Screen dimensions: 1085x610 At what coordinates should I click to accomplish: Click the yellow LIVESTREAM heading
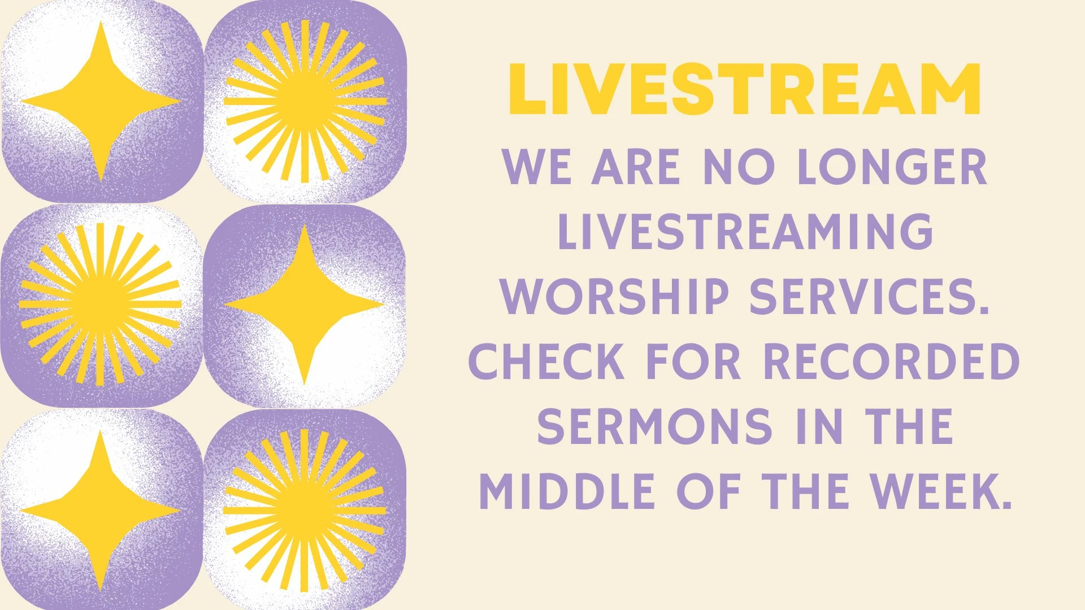point(745,90)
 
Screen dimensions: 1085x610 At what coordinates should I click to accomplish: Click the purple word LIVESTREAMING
point(745,231)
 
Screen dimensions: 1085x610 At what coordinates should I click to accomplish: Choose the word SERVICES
point(870,296)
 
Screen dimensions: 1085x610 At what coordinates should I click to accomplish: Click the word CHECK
point(546,361)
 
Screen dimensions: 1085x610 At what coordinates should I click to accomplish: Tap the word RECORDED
point(892,361)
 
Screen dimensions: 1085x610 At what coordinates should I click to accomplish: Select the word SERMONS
point(655,426)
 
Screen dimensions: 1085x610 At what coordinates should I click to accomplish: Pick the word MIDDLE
point(567,491)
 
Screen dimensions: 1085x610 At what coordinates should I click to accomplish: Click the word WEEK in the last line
point(935,491)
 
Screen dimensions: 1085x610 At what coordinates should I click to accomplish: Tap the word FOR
point(694,361)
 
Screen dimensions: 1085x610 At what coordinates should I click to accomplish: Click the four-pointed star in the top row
point(101,102)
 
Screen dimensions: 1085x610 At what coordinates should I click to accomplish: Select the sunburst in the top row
point(305,102)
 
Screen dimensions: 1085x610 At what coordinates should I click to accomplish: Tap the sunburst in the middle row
point(101,304)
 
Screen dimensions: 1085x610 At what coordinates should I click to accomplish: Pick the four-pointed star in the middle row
point(304,304)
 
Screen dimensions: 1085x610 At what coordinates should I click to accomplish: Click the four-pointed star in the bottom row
point(101,511)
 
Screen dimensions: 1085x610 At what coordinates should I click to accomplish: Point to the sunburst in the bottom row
point(305,511)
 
